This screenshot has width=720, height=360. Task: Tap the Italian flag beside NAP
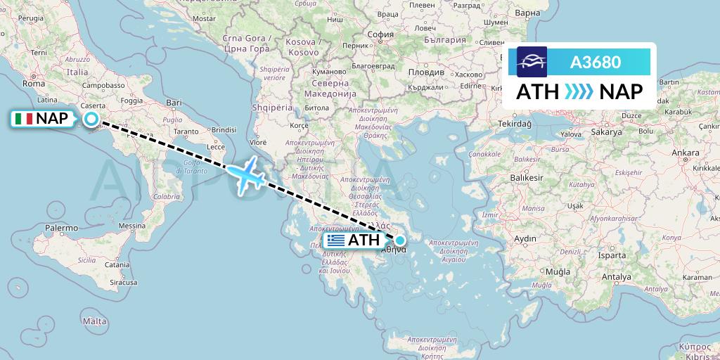[23, 120]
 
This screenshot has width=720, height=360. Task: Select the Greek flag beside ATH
[336, 240]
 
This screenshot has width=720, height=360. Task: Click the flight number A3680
[595, 62]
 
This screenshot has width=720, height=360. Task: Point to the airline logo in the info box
[532, 62]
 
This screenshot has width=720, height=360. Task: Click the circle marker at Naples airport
[91, 119]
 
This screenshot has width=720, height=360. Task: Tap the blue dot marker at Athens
[400, 240]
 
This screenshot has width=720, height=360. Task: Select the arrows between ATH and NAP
[579, 91]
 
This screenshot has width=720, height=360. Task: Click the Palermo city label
[62, 228]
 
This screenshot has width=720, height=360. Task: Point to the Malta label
[94, 321]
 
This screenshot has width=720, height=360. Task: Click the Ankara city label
[666, 152]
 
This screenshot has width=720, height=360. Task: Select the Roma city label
[34, 83]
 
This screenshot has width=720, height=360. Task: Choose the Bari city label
[173, 103]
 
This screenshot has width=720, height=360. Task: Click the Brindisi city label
[224, 130]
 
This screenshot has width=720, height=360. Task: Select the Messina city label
[131, 226]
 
